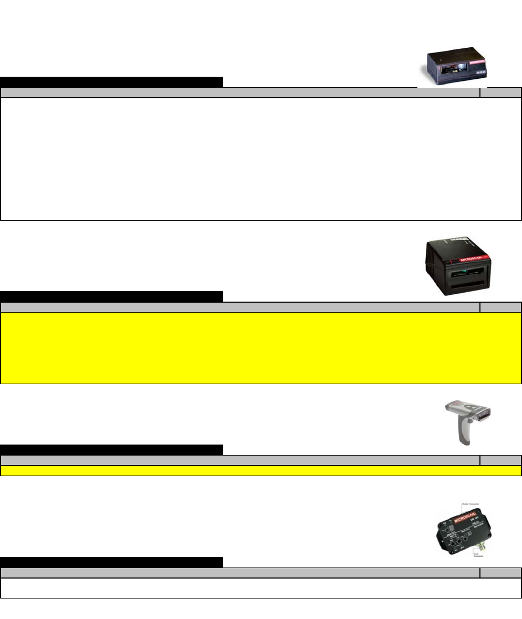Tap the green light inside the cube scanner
(455, 272)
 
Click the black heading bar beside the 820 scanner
(111, 82)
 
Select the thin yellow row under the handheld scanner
(261, 470)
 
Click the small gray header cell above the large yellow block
(500, 307)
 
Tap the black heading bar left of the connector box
(111, 562)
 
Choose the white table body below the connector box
(261, 588)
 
